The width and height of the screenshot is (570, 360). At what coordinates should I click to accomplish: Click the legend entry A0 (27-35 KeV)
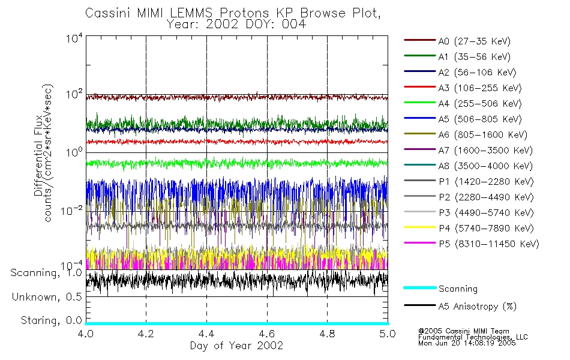point(457,41)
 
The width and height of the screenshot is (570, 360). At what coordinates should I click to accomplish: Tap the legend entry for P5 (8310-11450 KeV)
point(472,244)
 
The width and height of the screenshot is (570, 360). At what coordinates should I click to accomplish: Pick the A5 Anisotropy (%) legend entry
point(460,306)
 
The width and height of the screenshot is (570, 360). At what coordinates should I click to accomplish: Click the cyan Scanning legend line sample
point(420,287)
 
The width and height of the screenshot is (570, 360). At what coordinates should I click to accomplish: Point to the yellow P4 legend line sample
point(420,227)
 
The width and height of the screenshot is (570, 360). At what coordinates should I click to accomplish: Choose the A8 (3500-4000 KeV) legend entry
point(468,166)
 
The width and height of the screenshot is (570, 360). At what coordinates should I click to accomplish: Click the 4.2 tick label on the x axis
point(146,334)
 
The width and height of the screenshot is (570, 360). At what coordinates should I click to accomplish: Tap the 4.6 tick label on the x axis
point(267,334)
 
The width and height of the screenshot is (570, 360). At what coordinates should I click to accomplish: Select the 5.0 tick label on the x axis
point(388,334)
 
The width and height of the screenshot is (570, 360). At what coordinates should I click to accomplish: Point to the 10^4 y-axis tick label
point(74,38)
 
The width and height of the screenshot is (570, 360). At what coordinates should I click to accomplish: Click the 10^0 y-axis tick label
point(74,152)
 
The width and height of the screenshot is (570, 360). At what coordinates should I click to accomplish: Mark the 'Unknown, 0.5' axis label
point(47,297)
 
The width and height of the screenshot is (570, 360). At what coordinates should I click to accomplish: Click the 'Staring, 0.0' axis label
point(51,320)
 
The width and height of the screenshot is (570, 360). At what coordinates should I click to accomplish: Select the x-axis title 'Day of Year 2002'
point(236,345)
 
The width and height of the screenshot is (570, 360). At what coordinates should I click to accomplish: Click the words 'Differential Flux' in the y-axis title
point(38,155)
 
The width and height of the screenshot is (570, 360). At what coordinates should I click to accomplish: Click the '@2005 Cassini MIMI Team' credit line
point(464,331)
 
